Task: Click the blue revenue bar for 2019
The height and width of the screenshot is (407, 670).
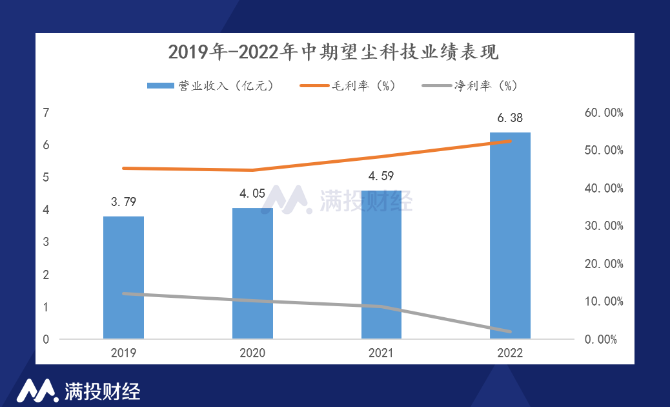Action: tap(123, 278)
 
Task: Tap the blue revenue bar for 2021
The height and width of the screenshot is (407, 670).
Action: tap(381, 265)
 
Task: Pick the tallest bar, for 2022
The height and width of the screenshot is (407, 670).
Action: tap(510, 236)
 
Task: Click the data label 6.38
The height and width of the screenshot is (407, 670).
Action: tap(510, 118)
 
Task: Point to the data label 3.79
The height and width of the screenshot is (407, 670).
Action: tap(123, 202)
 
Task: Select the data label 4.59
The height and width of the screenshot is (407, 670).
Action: tap(381, 176)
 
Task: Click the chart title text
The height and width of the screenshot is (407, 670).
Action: tap(334, 52)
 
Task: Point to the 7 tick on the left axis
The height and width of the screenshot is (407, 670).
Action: tap(46, 113)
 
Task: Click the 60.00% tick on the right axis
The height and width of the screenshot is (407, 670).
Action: tap(604, 113)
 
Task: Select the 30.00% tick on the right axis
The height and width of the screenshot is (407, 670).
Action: tap(604, 226)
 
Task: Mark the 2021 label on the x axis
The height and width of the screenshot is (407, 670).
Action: tap(381, 353)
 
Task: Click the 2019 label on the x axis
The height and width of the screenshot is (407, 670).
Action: tap(123, 353)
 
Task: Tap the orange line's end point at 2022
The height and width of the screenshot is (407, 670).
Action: tap(510, 141)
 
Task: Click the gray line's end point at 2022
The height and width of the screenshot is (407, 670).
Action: tap(510, 332)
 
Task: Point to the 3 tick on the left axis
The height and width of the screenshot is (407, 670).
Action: tap(46, 242)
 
